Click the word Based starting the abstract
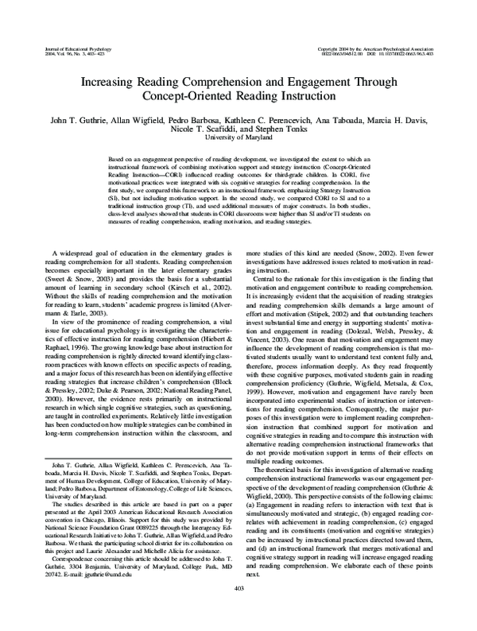[118, 160]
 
